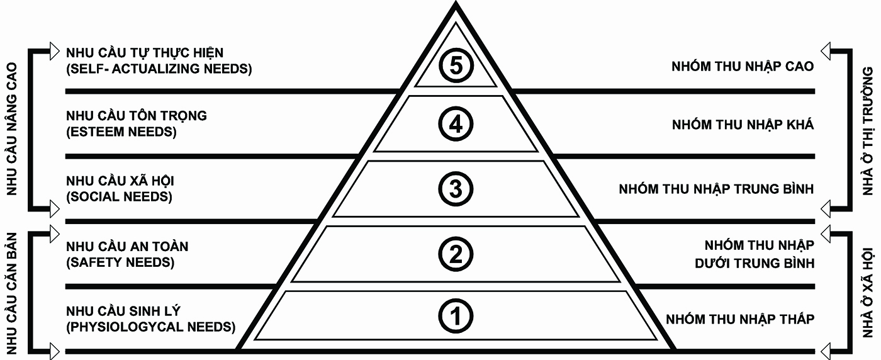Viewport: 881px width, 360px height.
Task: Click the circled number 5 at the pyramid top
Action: (x=456, y=66)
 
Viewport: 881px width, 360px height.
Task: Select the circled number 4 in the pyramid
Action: (x=456, y=125)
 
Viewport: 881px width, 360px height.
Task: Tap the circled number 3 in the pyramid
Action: (x=456, y=189)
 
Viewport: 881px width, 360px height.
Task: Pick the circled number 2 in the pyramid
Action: (x=456, y=254)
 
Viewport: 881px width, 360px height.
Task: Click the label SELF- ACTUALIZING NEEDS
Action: (x=159, y=69)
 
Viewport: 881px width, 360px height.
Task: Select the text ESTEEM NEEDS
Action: (x=121, y=133)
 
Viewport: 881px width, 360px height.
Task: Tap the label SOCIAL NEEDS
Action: (x=119, y=198)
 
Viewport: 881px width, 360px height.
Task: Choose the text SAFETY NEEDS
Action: (x=120, y=262)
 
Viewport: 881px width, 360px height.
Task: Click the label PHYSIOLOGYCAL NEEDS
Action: (x=150, y=327)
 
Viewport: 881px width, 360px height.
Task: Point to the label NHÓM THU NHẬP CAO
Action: (x=743, y=66)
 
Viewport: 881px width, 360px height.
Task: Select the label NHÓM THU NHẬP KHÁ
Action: (x=743, y=125)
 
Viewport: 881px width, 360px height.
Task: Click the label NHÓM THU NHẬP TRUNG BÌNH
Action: (x=716, y=189)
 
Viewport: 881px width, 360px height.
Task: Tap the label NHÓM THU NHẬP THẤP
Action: (x=740, y=319)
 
